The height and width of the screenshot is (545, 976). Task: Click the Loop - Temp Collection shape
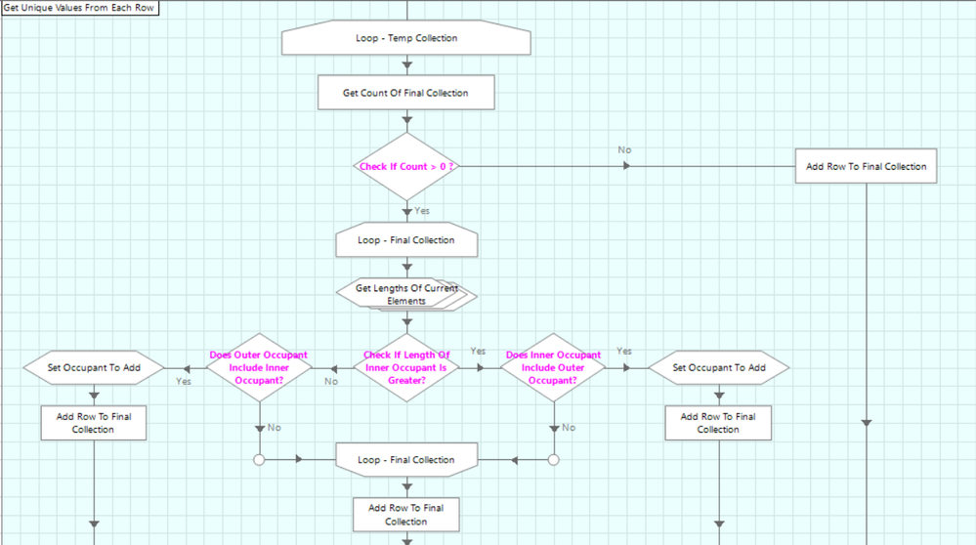[406, 39]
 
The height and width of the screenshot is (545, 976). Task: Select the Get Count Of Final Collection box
[405, 93]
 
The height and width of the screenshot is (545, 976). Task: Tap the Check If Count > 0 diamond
[406, 167]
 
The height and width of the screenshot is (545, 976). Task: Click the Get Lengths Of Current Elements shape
[406, 294]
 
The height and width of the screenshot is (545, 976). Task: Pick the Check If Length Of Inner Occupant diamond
[406, 367]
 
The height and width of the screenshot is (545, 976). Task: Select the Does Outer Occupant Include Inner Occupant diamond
[259, 367]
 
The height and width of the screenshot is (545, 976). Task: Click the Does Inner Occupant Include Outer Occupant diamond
[553, 367]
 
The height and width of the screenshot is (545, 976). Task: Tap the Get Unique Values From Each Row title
[79, 8]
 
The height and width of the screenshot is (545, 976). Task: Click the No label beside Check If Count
[624, 150]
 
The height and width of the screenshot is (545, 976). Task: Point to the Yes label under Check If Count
[422, 211]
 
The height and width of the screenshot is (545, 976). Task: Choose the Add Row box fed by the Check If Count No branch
[866, 166]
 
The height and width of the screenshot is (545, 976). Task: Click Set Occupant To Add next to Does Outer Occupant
[94, 368]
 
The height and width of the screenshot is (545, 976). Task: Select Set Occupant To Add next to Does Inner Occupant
[719, 368]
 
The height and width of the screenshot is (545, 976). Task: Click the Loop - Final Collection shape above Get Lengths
[406, 240]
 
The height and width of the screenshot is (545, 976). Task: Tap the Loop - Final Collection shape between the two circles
[406, 460]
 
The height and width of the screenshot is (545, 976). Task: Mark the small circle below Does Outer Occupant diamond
[259, 459]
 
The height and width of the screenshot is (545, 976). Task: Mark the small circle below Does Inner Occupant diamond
[553, 459]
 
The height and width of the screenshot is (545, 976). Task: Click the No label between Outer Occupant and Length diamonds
[331, 381]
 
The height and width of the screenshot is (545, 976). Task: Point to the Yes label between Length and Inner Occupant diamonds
[478, 352]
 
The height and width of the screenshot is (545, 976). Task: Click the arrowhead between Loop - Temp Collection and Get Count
[406, 64]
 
